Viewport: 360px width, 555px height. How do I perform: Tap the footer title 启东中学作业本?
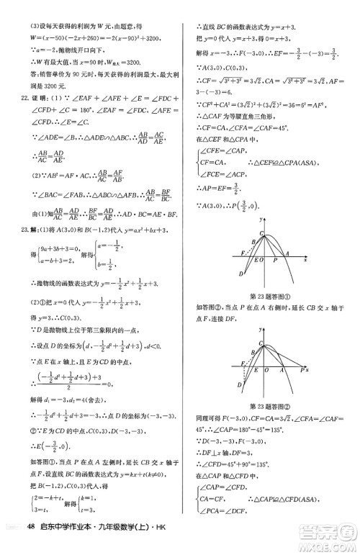pyautogui.click(x=68, y=542)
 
